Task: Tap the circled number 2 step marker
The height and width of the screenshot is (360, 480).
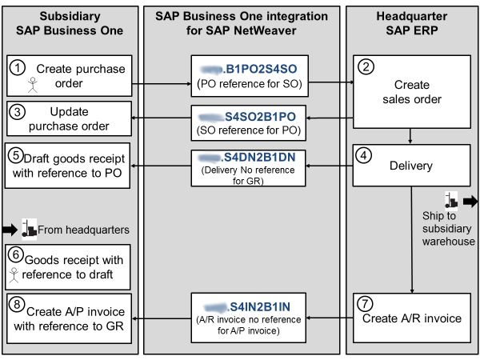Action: [365, 67]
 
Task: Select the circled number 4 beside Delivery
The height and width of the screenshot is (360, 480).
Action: [365, 157]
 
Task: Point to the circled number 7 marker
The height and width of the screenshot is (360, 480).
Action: [365, 303]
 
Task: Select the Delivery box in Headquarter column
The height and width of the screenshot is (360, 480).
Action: [412, 166]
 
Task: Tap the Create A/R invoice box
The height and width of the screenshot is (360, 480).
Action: [412, 318]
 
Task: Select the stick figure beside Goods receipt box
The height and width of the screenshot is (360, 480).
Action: [14, 274]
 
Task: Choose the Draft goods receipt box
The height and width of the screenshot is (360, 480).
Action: [69, 166]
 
